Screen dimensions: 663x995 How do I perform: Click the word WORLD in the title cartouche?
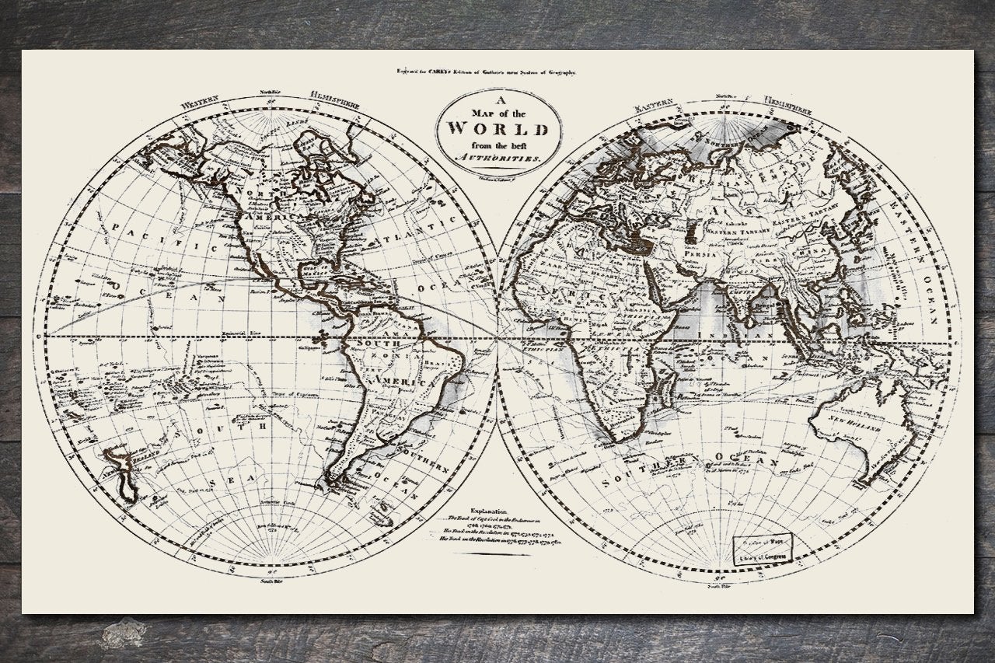[x=497, y=128]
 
